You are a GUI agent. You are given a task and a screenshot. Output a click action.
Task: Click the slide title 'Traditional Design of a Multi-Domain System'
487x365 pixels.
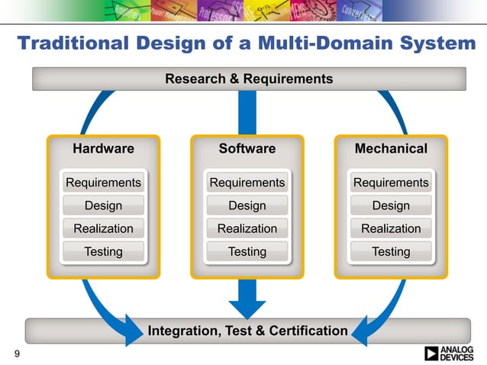click(246, 44)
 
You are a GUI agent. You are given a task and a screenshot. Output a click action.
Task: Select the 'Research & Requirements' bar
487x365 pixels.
click(249, 79)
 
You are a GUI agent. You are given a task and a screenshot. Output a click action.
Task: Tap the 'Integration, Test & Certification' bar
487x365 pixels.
click(248, 331)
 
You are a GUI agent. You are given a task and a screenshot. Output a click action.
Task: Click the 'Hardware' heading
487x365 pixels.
click(103, 148)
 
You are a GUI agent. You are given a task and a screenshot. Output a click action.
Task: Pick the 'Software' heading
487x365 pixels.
click(247, 148)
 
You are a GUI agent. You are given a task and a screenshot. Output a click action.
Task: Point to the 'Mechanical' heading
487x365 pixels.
click(391, 148)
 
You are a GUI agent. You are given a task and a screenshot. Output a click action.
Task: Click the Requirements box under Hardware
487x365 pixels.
click(103, 182)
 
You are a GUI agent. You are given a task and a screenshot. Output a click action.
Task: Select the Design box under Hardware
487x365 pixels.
click(103, 205)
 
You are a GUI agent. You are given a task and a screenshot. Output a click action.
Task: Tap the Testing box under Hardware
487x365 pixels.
click(103, 251)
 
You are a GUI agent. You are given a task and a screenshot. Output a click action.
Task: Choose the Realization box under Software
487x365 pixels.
click(247, 228)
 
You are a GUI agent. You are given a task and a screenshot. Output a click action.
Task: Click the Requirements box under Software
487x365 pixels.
click(247, 182)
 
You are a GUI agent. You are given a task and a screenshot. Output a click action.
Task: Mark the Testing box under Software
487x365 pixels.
click(247, 251)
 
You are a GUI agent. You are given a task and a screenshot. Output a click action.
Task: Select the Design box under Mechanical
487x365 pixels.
click(391, 205)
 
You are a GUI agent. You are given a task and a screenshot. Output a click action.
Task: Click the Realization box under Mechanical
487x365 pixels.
click(391, 228)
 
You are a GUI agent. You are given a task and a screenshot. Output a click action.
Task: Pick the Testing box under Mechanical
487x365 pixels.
click(391, 251)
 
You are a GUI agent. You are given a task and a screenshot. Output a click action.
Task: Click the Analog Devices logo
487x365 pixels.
click(453, 353)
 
